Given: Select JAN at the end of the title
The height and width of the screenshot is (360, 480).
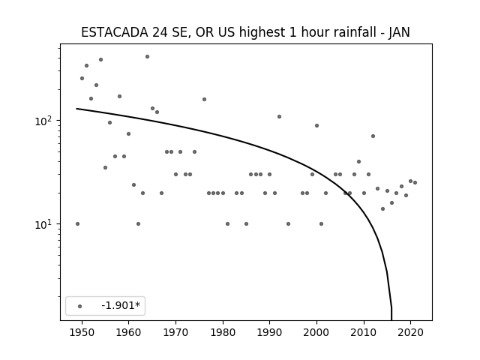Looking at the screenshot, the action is [x=399, y=32].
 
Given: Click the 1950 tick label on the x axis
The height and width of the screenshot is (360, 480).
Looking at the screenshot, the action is [x=82, y=333].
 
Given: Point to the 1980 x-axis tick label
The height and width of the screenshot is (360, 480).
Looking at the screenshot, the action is [x=223, y=333].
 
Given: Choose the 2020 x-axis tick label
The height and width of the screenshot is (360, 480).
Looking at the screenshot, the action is [x=411, y=333].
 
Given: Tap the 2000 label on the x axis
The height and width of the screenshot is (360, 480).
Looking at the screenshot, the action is [x=316, y=333].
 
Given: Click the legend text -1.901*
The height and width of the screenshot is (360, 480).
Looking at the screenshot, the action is [x=121, y=305].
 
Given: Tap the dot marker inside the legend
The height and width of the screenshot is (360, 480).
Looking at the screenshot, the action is [x=80, y=306].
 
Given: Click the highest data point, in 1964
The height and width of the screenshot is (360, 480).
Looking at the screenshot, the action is [x=147, y=57].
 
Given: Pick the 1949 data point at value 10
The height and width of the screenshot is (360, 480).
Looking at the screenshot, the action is [x=77, y=223].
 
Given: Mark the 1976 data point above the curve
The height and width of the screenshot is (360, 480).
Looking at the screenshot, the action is [x=204, y=99].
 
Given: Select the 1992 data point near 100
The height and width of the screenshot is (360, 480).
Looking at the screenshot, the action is [x=279, y=117].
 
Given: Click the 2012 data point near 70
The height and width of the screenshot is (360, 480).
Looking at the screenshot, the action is [x=373, y=136].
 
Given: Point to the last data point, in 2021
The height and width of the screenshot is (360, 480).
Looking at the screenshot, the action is [x=415, y=182].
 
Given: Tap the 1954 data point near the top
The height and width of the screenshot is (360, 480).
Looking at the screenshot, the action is [x=100, y=60].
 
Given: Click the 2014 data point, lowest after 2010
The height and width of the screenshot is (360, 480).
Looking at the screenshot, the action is [x=382, y=208].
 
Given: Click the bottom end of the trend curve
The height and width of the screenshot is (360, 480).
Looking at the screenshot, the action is [x=391, y=320].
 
